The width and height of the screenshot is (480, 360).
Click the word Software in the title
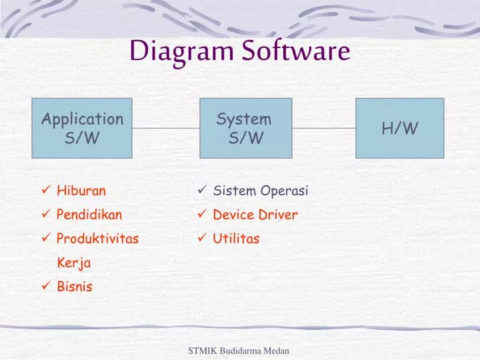pos(296,51)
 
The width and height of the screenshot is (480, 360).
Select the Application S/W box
pos(83,128)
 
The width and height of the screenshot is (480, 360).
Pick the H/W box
pos(399,128)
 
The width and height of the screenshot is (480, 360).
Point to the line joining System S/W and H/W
pos(324,128)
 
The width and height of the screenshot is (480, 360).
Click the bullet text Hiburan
pos(81,191)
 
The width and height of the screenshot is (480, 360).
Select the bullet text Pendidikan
pos(89,215)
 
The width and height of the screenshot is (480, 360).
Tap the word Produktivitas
pos(98,239)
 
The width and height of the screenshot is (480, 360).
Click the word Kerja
pos(74,263)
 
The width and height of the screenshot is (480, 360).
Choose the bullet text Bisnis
pos(75,287)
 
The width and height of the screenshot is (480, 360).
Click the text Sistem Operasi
pos(261,191)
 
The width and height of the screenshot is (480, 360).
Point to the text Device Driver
pos(255,215)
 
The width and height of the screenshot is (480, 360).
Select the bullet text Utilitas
pos(236,239)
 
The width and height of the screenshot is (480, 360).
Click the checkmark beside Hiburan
pos(45,191)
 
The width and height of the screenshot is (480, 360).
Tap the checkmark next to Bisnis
pos(45,287)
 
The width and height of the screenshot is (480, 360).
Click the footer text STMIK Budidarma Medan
pos(239,351)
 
